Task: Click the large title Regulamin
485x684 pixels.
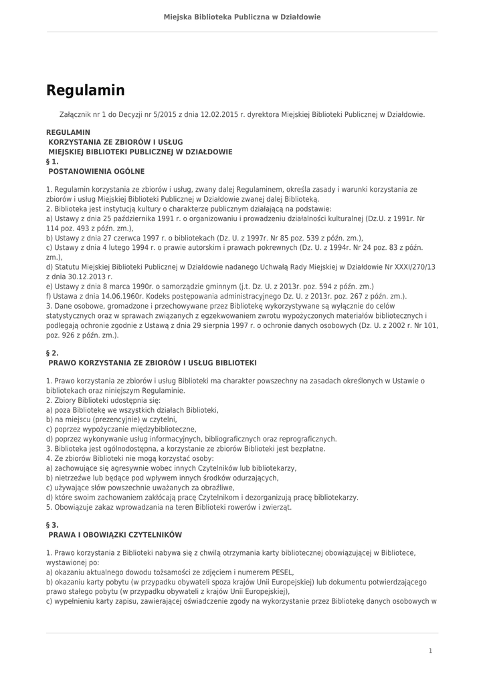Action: click(x=85, y=90)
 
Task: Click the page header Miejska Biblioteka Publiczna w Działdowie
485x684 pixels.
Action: click(x=242, y=17)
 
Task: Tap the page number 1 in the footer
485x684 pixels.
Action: click(x=431, y=651)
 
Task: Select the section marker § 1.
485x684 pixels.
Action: click(x=53, y=161)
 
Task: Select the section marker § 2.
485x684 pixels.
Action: click(x=53, y=352)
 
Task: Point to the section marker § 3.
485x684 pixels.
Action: click(x=53, y=525)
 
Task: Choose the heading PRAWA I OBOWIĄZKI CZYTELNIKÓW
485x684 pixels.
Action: click(x=115, y=535)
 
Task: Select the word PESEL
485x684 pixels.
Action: click(x=284, y=572)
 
